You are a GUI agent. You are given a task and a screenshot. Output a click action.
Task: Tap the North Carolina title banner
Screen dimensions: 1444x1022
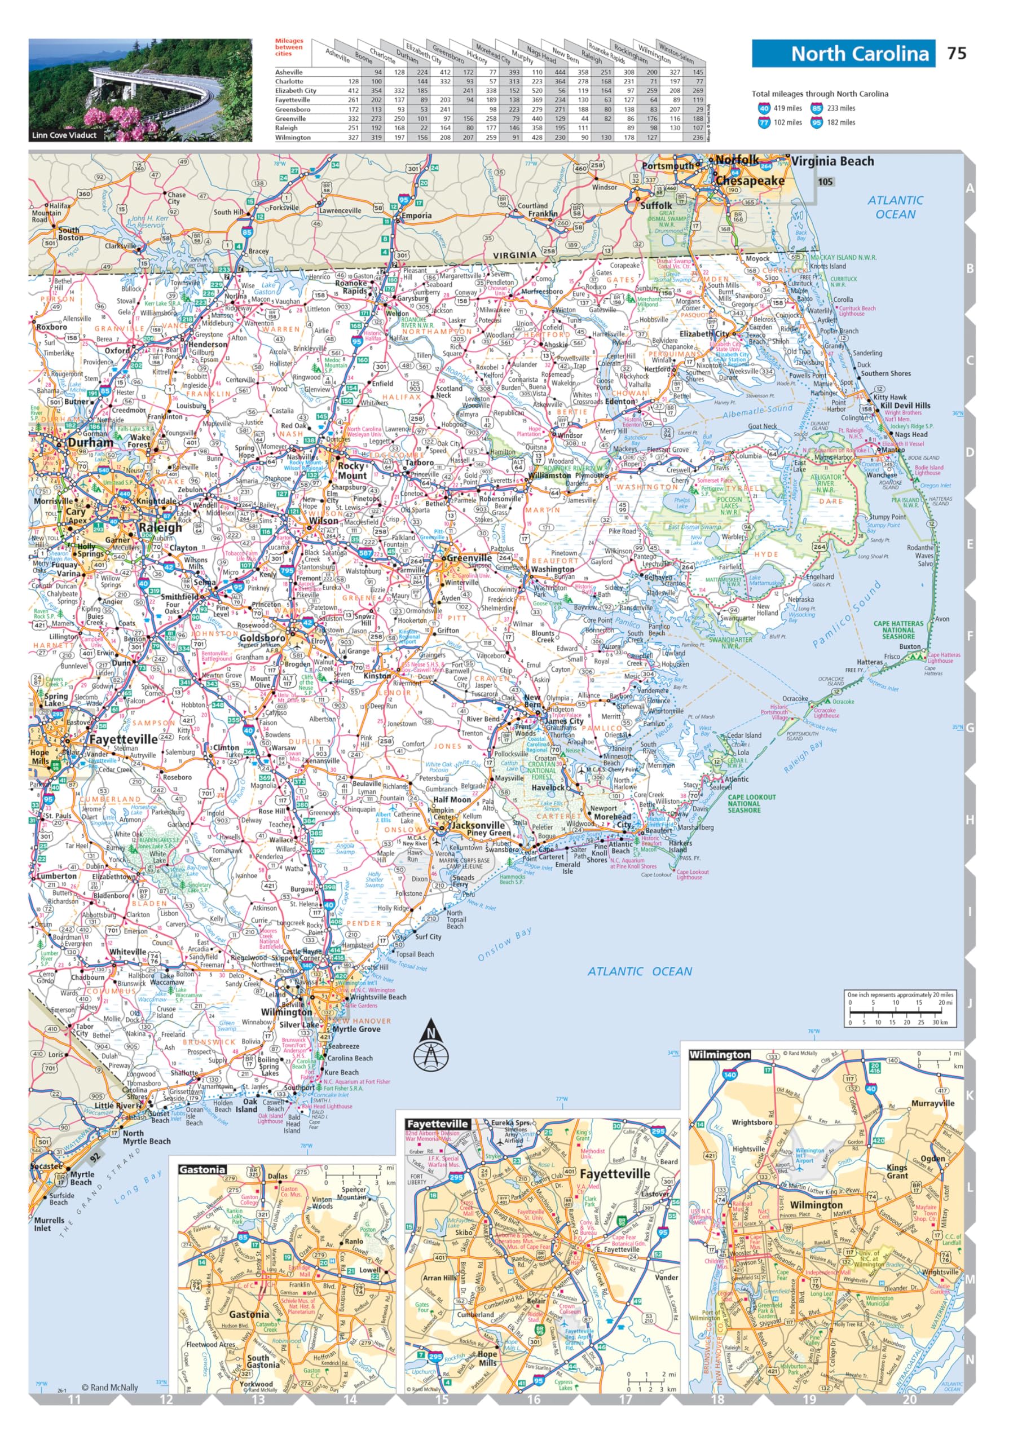[843, 54]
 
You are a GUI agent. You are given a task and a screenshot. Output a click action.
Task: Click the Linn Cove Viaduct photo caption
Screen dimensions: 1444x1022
[64, 135]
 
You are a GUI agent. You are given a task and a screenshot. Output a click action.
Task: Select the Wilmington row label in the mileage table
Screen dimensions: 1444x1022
[293, 137]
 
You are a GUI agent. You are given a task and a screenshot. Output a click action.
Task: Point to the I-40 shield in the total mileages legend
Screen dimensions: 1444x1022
[764, 108]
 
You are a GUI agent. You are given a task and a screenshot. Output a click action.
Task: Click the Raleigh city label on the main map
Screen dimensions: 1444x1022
[161, 527]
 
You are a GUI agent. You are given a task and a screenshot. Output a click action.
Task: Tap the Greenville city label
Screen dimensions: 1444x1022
[469, 558]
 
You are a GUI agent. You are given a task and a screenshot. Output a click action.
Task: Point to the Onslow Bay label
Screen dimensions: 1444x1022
[505, 944]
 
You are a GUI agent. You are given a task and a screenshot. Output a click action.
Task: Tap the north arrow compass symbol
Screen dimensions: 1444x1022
[430, 1046]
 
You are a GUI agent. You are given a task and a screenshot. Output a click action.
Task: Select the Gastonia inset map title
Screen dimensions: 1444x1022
[202, 1170]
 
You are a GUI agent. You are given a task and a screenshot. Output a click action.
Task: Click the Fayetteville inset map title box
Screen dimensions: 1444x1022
[437, 1124]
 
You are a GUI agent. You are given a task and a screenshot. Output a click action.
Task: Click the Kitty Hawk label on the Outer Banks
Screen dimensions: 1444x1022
[890, 397]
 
